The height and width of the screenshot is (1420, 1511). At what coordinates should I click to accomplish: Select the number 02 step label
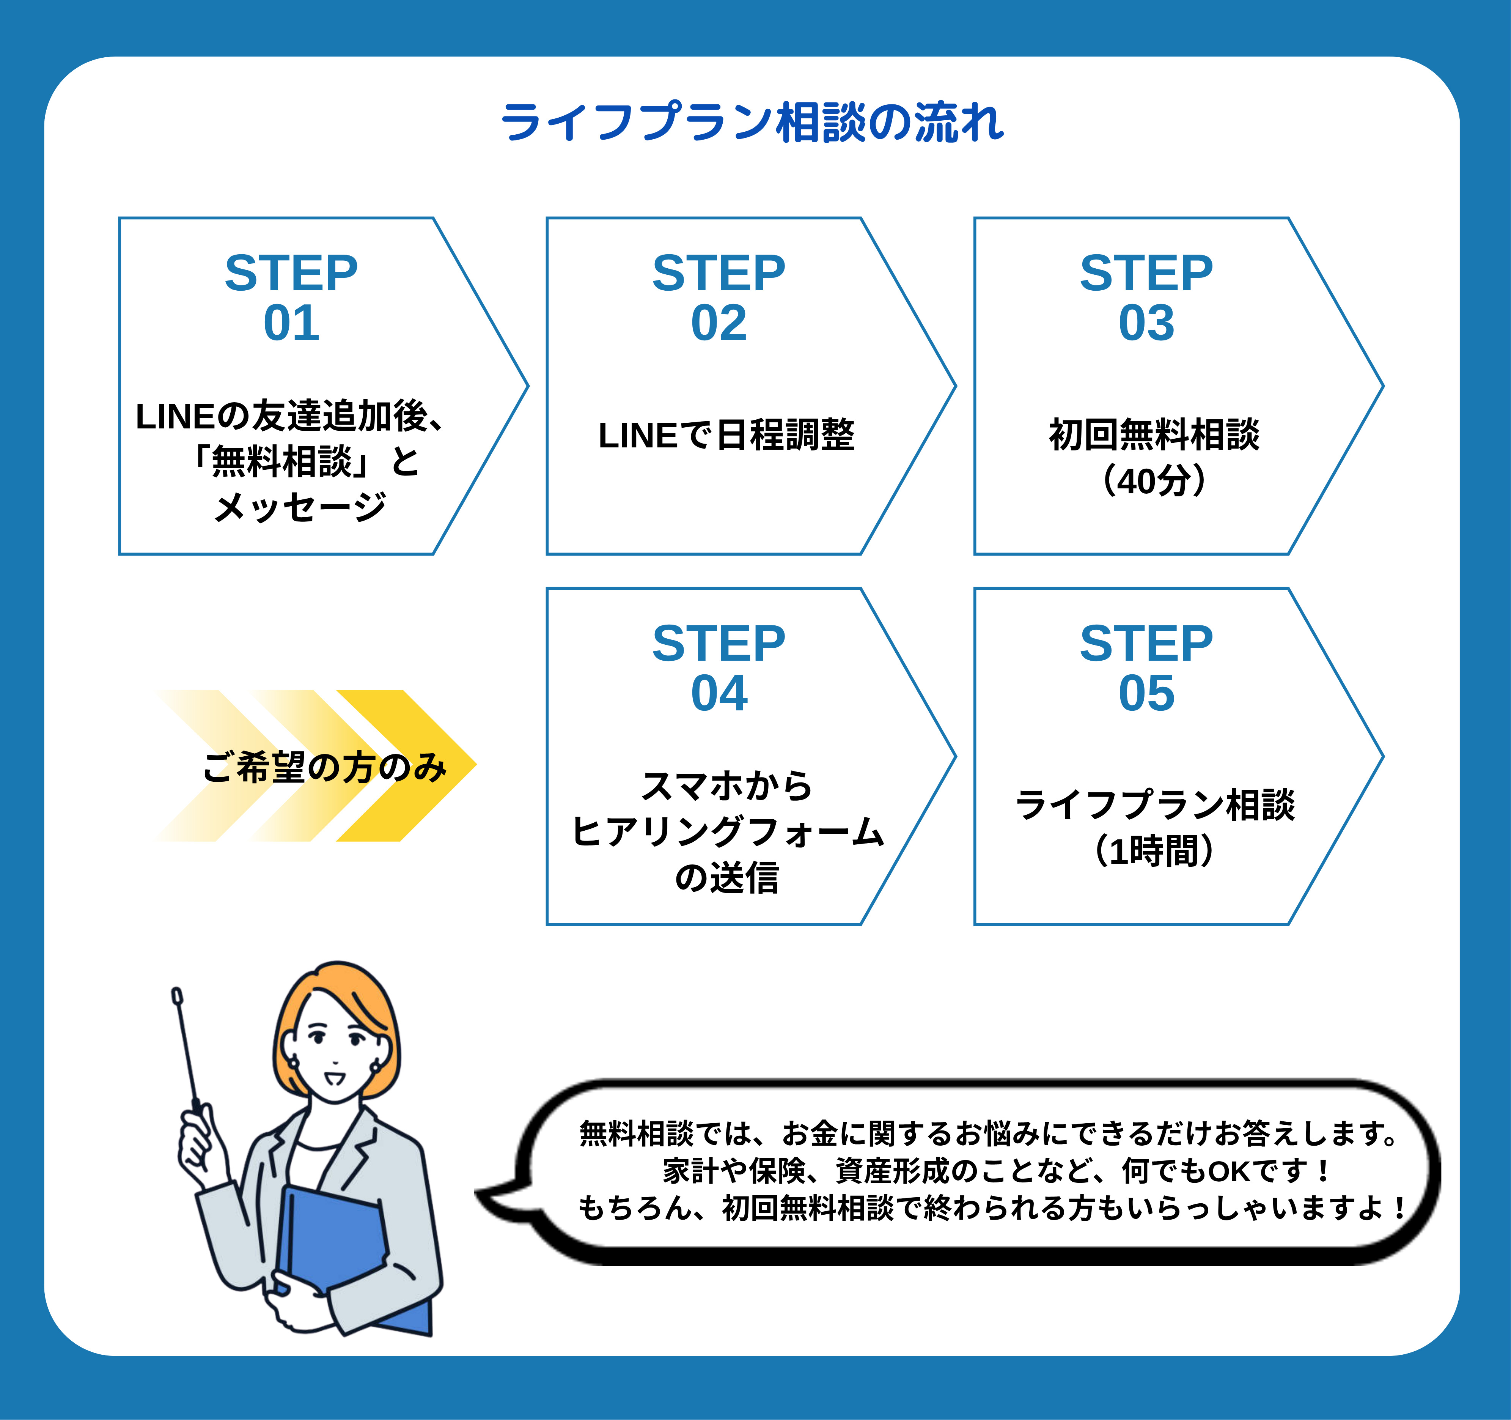[x=719, y=323]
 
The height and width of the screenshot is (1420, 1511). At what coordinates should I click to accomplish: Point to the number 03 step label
[x=1146, y=323]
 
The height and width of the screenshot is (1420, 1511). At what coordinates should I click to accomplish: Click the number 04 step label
[x=719, y=693]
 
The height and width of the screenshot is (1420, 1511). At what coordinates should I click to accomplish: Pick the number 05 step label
[x=1146, y=693]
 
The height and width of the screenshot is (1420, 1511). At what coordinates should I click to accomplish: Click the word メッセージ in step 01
[x=300, y=507]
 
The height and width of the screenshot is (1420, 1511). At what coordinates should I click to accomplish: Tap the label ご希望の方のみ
[x=325, y=767]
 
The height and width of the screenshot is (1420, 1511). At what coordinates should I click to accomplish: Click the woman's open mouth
[x=335, y=1078]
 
